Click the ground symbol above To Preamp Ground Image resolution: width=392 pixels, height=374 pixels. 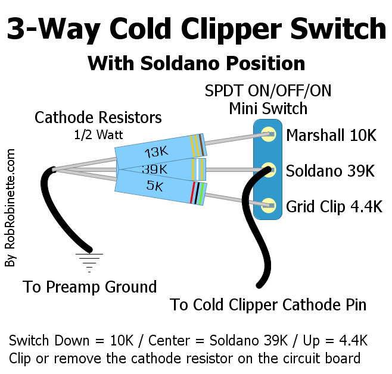tap(89, 259)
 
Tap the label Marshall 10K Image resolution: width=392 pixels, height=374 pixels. tap(331, 136)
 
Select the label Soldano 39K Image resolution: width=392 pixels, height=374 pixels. tap(330, 171)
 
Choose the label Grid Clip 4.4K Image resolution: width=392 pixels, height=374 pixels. tap(334, 207)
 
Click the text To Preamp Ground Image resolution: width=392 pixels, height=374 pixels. tap(90, 287)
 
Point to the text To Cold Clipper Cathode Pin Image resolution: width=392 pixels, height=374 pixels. tap(268, 305)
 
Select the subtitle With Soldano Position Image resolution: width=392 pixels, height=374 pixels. tap(196, 63)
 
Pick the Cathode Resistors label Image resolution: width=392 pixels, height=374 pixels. tap(98, 117)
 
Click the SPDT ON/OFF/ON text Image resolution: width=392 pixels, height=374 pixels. tap(268, 92)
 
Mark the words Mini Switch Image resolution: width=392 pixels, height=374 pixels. tap(268, 109)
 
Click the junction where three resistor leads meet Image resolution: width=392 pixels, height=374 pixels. tap(54, 170)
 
